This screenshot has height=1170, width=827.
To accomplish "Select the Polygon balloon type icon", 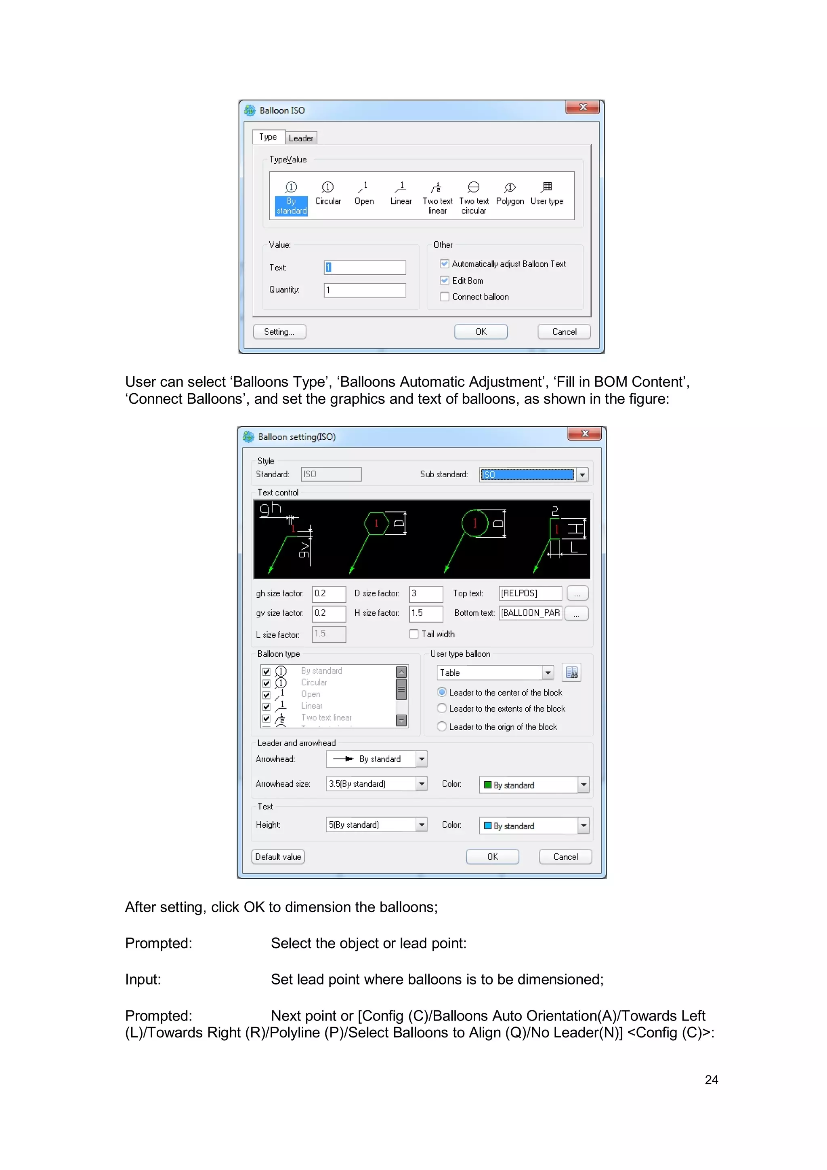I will (x=510, y=193).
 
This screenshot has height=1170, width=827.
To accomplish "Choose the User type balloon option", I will (x=547, y=193).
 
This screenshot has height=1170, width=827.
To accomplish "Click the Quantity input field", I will (x=365, y=290).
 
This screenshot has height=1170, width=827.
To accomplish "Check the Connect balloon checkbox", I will (x=445, y=297).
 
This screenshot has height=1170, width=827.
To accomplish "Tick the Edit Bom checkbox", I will (x=445, y=280).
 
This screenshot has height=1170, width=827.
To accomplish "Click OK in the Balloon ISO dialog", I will (x=481, y=332).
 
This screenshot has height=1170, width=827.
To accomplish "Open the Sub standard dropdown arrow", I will (x=582, y=474).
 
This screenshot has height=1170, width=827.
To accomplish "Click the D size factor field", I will (x=426, y=593).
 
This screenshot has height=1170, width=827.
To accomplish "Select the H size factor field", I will (x=426, y=613).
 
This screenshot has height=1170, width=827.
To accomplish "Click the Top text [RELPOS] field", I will (x=530, y=593).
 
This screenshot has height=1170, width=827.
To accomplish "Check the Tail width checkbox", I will (x=414, y=634).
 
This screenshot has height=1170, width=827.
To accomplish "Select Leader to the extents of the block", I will (x=442, y=708).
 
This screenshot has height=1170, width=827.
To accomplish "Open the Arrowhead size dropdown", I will (x=422, y=784).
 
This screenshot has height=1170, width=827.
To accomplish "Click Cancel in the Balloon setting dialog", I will (x=565, y=857).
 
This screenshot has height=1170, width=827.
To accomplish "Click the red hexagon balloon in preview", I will (x=376, y=523).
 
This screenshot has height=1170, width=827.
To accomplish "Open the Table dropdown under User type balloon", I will (x=548, y=672).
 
